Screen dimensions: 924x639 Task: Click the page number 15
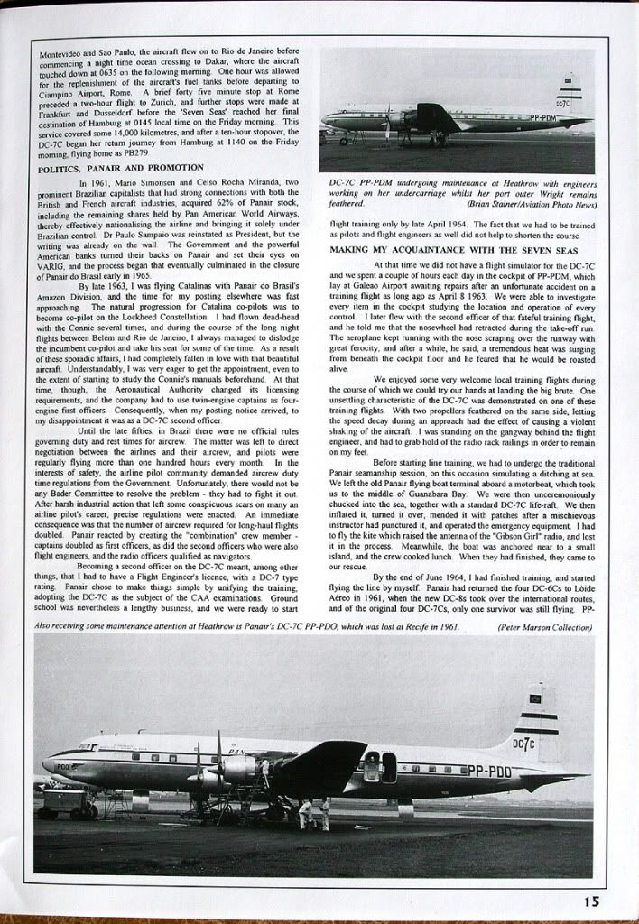coord(590,900)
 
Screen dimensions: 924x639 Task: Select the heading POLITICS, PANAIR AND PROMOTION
coord(121,168)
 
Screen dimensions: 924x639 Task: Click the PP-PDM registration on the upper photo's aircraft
coord(542,117)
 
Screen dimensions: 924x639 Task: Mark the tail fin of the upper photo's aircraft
coord(570,95)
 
